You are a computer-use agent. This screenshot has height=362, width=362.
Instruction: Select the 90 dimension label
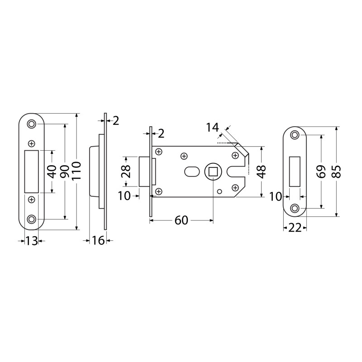click(x=64, y=171)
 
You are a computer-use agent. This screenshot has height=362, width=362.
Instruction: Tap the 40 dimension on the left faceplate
click(x=52, y=172)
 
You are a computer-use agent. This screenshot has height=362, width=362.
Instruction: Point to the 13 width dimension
click(x=31, y=241)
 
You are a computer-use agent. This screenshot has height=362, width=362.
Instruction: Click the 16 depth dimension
click(x=98, y=240)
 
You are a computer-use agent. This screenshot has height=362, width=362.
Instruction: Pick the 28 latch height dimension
click(x=127, y=171)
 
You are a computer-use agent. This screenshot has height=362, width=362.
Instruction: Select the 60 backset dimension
click(x=181, y=220)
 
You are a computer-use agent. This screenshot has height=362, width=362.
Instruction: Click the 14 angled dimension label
click(x=212, y=127)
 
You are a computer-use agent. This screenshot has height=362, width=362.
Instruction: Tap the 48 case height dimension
click(x=262, y=172)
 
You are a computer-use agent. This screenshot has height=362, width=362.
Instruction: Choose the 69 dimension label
click(x=321, y=171)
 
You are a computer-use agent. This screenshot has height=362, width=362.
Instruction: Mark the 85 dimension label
click(x=337, y=171)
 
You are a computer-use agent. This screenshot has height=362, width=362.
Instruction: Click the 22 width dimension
click(x=295, y=228)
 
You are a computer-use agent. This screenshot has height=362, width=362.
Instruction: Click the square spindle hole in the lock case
click(x=213, y=171)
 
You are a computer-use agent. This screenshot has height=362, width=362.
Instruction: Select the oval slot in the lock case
click(x=192, y=172)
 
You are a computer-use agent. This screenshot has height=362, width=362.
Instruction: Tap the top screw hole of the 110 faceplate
click(x=31, y=124)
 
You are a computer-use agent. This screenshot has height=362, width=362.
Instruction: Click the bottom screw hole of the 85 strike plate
click(x=295, y=208)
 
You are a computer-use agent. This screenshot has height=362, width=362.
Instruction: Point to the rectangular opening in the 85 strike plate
click(x=295, y=171)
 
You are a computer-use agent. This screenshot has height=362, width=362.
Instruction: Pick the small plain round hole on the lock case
click(x=220, y=191)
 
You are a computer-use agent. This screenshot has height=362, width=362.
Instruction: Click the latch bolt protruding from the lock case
click(x=145, y=171)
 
